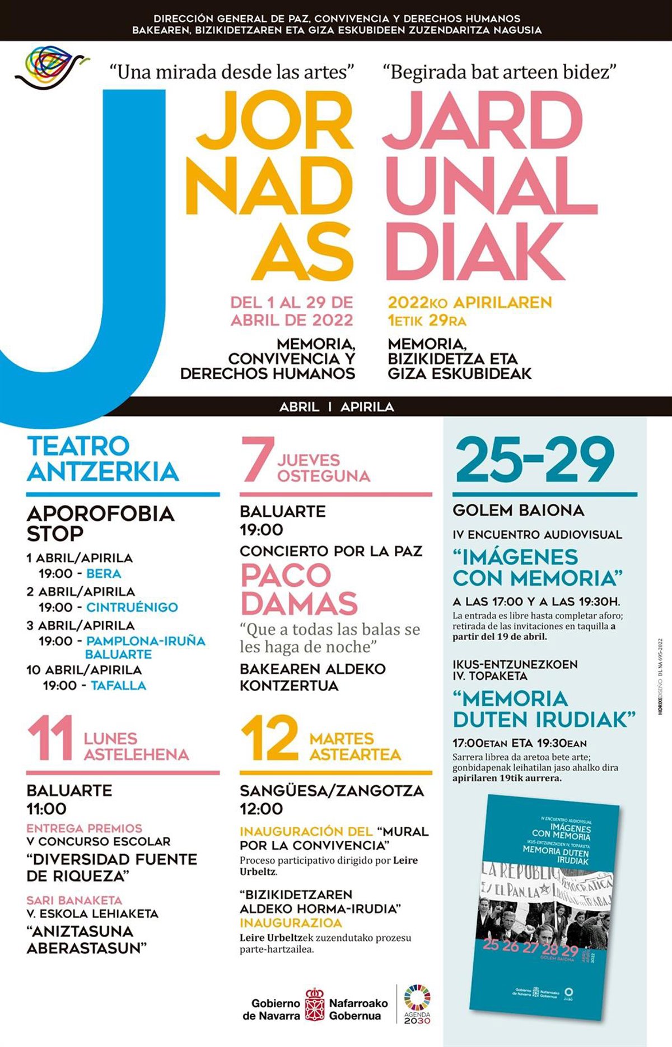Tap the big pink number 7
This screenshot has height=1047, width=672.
click(x=258, y=460)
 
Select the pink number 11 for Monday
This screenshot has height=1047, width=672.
click(x=50, y=739)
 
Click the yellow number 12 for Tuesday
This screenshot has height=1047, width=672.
click(x=269, y=739)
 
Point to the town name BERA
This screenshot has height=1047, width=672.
click(x=104, y=574)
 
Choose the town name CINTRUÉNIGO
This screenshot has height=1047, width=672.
click(x=132, y=608)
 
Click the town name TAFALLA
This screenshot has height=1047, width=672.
click(x=118, y=685)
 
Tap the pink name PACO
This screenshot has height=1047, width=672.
click(x=286, y=576)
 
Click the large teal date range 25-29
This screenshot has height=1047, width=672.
click(x=535, y=461)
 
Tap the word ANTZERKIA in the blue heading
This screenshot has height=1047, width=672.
click(x=103, y=472)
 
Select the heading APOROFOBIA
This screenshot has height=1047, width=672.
click(x=101, y=514)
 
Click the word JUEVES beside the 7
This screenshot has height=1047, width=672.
click(x=309, y=460)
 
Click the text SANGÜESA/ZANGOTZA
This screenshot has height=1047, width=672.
click(x=332, y=791)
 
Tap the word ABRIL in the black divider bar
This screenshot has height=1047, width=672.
click(x=299, y=407)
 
